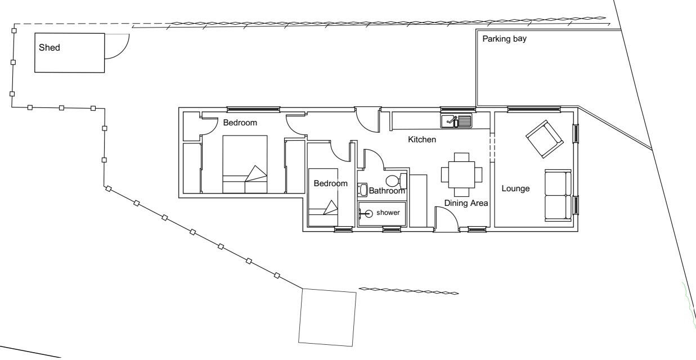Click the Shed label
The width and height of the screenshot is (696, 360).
point(49,48)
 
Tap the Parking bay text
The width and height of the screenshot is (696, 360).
point(504,39)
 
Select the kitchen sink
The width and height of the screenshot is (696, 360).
point(456,120)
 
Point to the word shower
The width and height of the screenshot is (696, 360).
point(388,213)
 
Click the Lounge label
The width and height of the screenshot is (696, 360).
point(515,188)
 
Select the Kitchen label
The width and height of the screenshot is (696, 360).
point(421,139)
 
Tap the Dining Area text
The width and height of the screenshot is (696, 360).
point(466,203)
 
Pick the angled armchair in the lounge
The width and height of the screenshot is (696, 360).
point(544,138)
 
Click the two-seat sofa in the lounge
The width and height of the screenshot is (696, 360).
point(557,195)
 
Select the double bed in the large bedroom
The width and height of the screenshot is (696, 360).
point(245,164)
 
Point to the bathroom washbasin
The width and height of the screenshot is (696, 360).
point(363,190)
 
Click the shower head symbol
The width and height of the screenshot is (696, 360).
point(369,213)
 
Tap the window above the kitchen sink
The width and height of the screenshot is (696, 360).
point(457,109)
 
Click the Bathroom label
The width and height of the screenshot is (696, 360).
point(387,191)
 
